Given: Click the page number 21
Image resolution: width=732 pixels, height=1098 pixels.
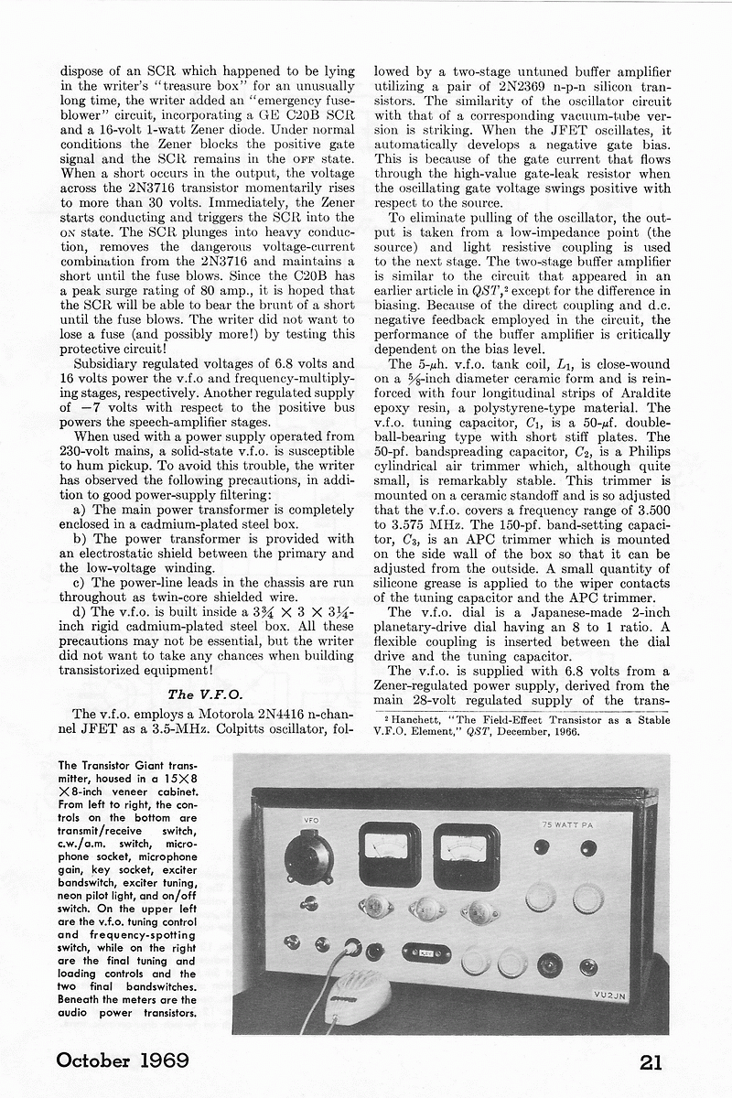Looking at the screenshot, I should point(651,1061).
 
